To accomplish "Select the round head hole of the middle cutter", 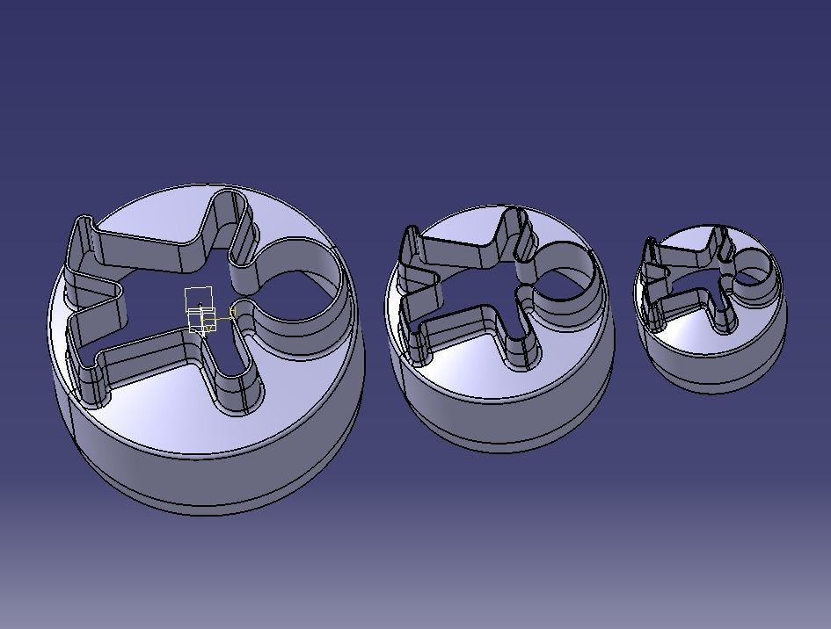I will [563, 272].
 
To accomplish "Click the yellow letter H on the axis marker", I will [233, 312].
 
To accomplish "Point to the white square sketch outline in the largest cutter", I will [200, 299].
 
